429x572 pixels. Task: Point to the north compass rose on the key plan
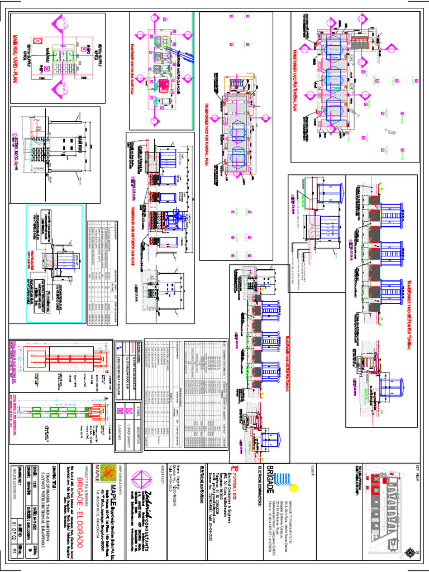point(412,552)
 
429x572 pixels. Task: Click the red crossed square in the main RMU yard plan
point(37,42)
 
